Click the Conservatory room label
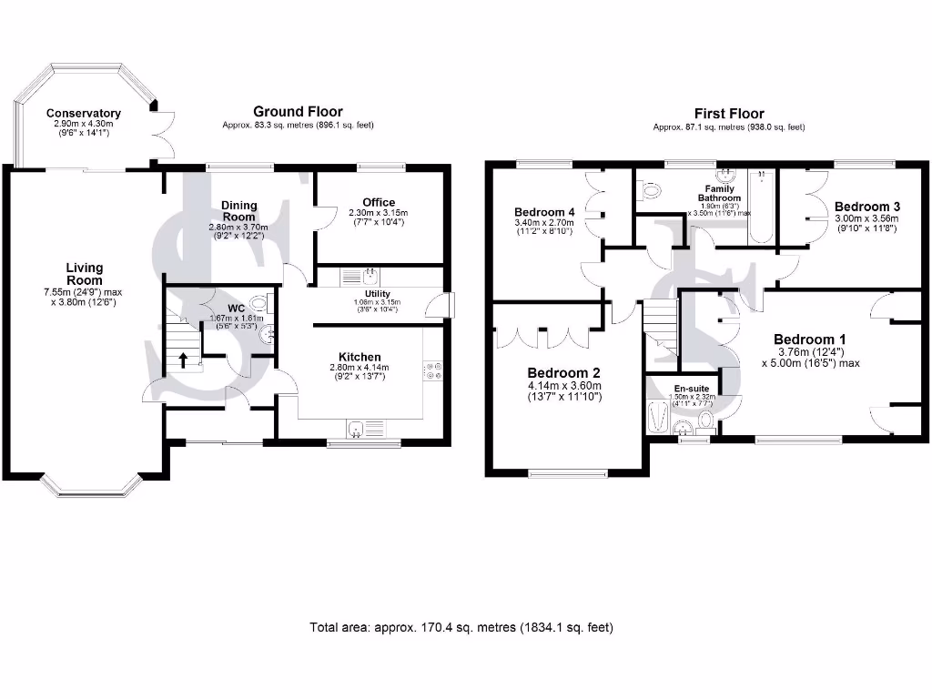[x=84, y=114]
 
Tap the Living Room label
[x=84, y=274]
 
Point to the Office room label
[x=378, y=202]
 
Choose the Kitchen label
[x=360, y=356]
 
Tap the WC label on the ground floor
[x=237, y=308]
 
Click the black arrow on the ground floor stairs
[x=184, y=359]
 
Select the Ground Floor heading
[x=298, y=112]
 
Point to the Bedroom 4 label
[x=543, y=211]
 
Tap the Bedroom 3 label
[x=866, y=208]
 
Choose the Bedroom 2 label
[x=564, y=373]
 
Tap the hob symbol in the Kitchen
[x=432, y=370]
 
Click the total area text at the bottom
[x=461, y=627]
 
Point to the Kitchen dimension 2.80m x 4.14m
[x=359, y=368]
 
